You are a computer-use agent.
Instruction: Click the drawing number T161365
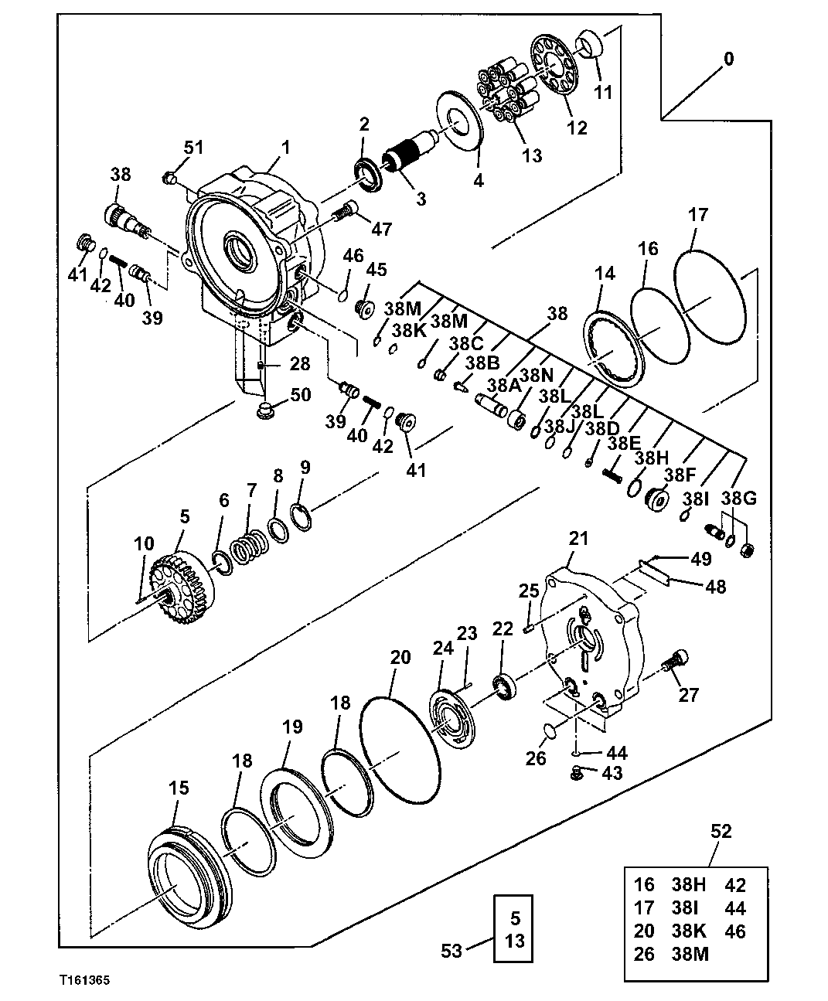pos(83,980)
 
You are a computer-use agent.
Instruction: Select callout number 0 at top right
pos(727,60)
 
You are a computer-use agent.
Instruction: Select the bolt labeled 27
pos(675,662)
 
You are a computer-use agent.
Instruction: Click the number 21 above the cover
pos(579,538)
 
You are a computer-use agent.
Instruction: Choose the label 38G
pos(739,499)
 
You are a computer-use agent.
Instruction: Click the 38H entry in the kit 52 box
pos(687,885)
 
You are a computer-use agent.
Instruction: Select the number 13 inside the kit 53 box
pos(516,941)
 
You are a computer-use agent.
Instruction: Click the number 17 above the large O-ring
pos(697,214)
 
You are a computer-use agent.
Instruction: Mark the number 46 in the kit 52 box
pos(735,931)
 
